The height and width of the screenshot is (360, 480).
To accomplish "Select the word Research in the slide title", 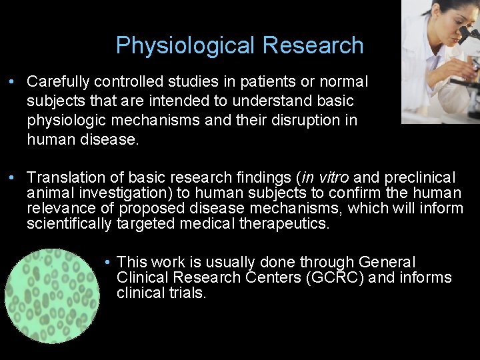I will coord(313,45).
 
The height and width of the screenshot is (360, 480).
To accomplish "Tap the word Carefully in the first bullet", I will coord(58,81).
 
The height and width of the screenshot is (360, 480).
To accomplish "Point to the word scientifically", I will coord(69,223).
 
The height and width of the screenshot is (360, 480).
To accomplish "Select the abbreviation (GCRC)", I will coord(331,277).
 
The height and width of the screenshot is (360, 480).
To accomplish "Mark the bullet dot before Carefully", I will coord(13,82).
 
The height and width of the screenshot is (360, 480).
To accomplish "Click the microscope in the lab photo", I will coord(463,73).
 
